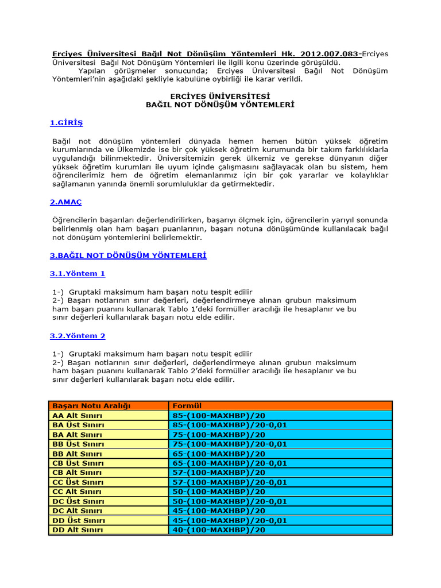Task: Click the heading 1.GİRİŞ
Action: (x=66, y=123)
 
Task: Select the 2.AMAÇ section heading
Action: (x=66, y=202)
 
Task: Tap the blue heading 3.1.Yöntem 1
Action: (x=78, y=274)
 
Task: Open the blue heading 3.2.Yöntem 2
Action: (x=78, y=336)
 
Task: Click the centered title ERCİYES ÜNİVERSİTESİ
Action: (x=220, y=96)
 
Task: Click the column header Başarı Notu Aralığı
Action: (x=91, y=406)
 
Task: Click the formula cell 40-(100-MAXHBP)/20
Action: (x=219, y=530)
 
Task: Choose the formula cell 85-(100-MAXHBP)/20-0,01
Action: (x=229, y=425)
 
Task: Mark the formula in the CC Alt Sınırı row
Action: (x=219, y=492)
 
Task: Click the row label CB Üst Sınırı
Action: (x=78, y=463)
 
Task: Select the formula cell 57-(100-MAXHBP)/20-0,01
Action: (x=229, y=482)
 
